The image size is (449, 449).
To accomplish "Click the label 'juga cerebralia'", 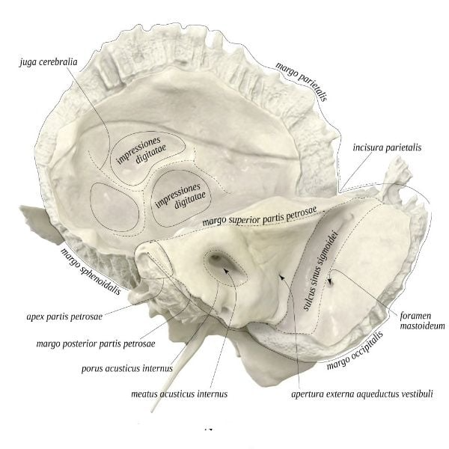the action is click(x=49, y=62).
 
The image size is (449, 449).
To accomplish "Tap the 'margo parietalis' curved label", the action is click(x=302, y=82).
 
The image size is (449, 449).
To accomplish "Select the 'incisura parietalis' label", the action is click(x=387, y=147).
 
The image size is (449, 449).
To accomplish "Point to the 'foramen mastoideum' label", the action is click(x=422, y=321).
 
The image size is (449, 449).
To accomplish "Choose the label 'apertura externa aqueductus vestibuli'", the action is click(x=362, y=394).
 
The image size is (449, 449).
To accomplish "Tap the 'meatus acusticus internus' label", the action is click(x=180, y=394).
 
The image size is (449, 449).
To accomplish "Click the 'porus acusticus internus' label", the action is click(x=127, y=368).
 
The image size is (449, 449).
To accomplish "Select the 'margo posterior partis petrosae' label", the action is click(x=96, y=343).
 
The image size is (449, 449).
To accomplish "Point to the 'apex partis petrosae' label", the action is click(x=64, y=317).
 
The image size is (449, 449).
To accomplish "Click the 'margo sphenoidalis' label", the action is click(x=91, y=271).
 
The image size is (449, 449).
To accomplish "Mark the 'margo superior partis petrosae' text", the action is click(x=260, y=216).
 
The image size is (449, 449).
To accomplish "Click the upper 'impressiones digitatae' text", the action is click(x=141, y=151).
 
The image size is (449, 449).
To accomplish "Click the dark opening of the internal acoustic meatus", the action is click(x=216, y=258).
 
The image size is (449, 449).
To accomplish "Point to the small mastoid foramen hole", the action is click(x=330, y=284).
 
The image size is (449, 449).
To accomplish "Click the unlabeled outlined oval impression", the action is click(x=114, y=207).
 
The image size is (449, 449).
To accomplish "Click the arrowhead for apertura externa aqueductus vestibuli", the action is click(x=282, y=277).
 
